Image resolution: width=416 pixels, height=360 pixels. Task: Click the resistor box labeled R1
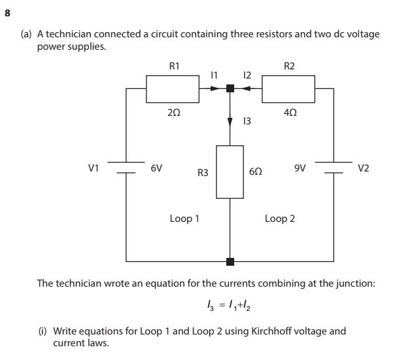[172, 89]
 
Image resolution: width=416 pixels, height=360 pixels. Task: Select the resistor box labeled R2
[288, 89]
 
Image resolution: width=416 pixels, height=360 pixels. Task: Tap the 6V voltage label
[156, 168]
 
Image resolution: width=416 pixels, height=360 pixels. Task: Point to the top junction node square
[230, 89]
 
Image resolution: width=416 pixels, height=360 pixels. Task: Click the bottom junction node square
[230, 262]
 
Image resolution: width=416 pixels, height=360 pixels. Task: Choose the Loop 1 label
[184, 219]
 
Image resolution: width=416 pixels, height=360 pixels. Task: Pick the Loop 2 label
[279, 219]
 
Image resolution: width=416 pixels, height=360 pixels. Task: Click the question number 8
[8, 11]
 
